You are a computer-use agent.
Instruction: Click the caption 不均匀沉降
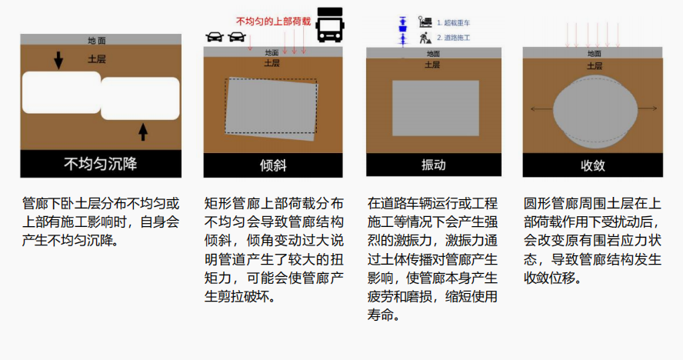pos(101,164)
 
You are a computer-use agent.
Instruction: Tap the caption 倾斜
pos(273,165)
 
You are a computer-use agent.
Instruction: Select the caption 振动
pos(433,165)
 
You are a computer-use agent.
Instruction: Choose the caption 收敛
pos(593,165)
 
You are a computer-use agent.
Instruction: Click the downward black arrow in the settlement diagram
pos(58,60)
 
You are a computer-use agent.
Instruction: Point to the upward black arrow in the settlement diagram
pos(143,132)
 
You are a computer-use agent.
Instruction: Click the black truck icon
pos(330,25)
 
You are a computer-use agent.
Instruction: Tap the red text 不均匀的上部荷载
pos(273,21)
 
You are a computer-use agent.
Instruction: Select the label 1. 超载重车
pos(454,22)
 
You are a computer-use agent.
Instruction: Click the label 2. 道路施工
pos(454,38)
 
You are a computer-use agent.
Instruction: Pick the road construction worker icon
pos(425,38)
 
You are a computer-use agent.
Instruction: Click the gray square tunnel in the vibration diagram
pos(435,108)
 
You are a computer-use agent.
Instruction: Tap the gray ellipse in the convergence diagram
pos(595,112)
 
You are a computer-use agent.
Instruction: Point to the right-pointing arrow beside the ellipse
pos(648,108)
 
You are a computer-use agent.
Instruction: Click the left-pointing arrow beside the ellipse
pos(541,108)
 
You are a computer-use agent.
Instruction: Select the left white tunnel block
pos(62,92)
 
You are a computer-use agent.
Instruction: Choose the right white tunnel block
pos(140,98)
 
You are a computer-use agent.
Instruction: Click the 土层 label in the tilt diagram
pos(272,63)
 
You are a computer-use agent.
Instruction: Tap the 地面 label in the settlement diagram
pos(97,41)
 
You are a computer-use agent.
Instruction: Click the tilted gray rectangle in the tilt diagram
pos(272,109)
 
